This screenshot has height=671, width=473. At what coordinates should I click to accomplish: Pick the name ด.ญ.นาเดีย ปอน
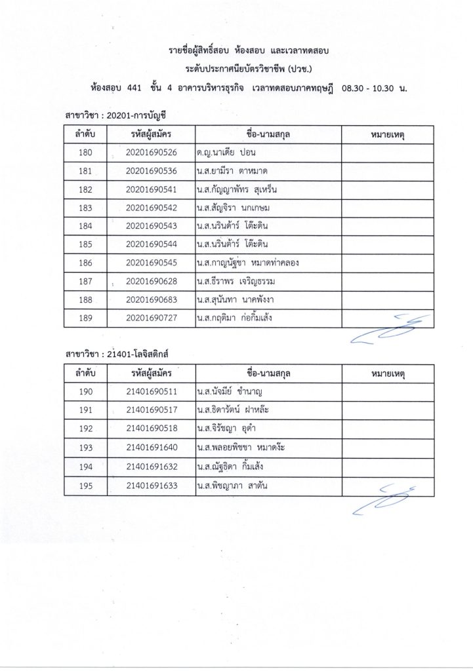(224, 153)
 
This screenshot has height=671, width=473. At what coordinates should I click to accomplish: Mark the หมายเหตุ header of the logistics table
(386, 374)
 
